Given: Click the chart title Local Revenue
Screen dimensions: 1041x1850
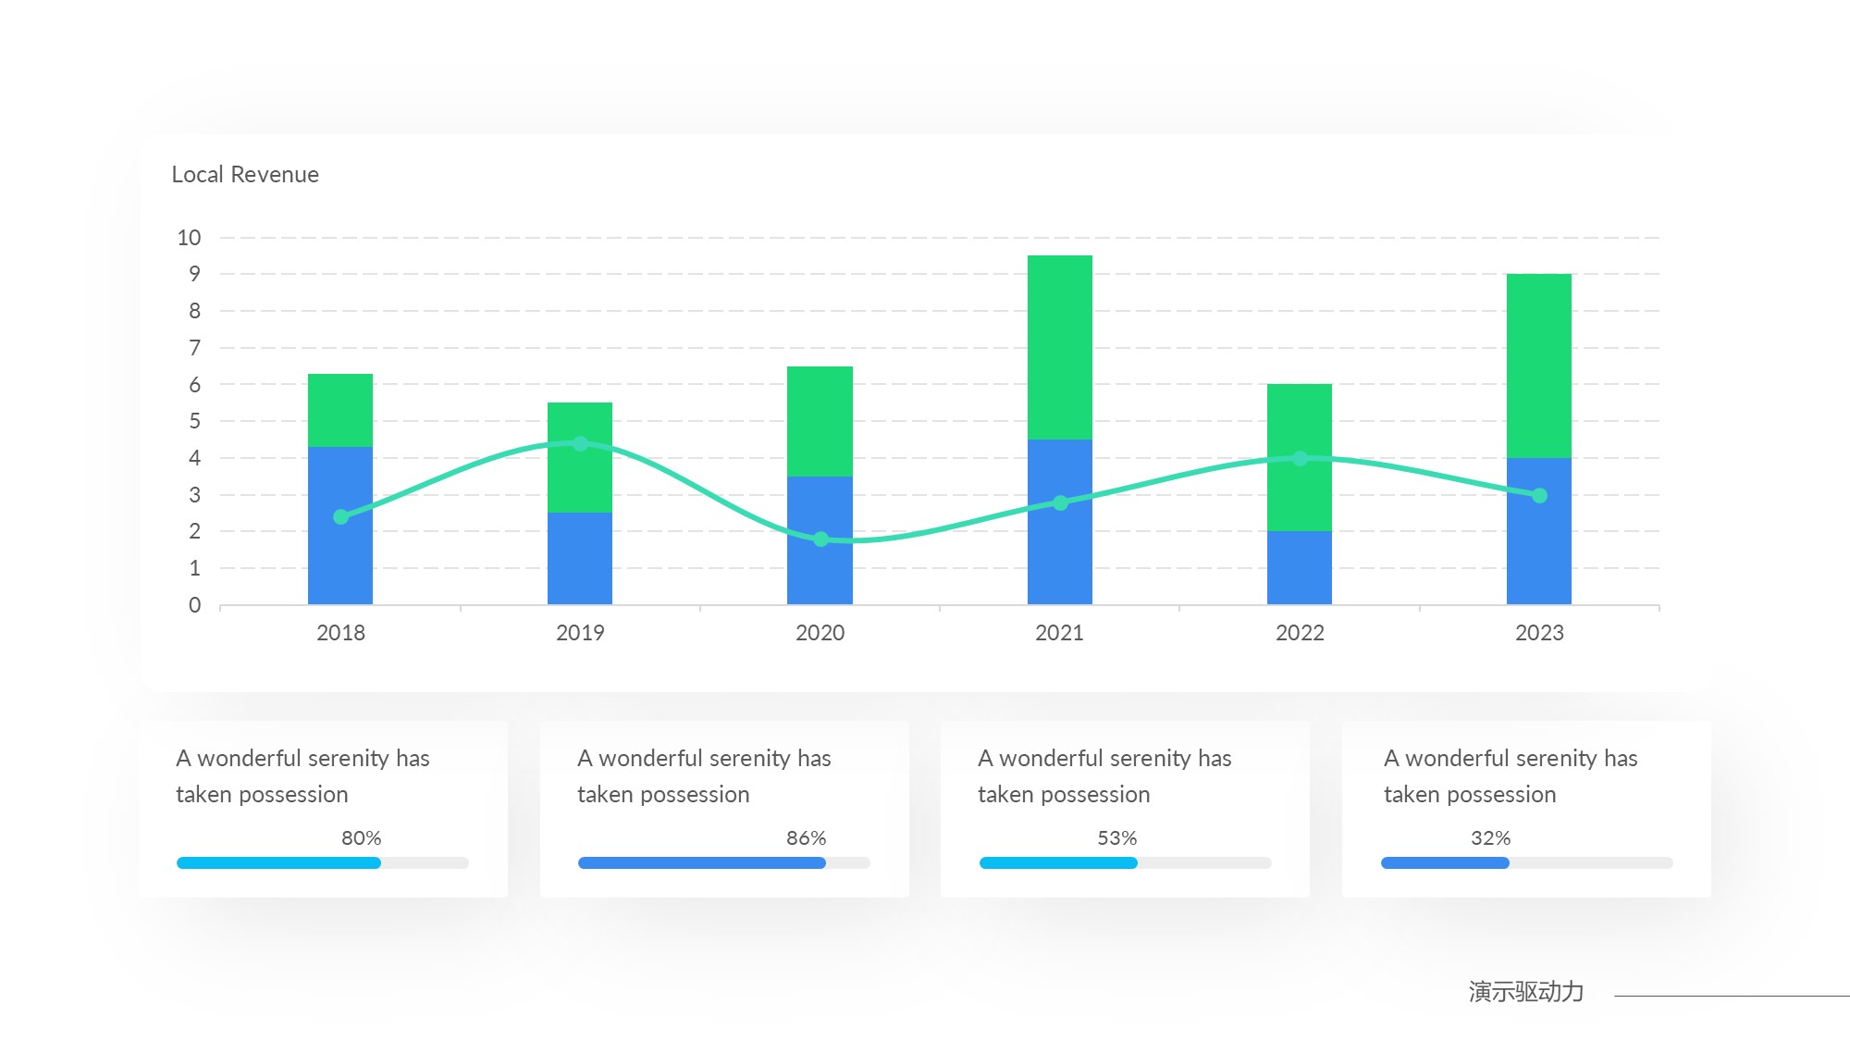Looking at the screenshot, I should pyautogui.click(x=245, y=175).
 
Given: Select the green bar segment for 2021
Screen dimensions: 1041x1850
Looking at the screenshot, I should pyautogui.click(x=1059, y=347).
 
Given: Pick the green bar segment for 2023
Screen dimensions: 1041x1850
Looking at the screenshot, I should pyautogui.click(x=1538, y=366).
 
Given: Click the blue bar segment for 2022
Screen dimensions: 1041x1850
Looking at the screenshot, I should pyautogui.click(x=1299, y=567).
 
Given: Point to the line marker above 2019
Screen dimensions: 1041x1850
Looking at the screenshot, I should pyautogui.click(x=580, y=444).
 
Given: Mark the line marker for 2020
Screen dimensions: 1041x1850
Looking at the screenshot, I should pyautogui.click(x=820, y=539).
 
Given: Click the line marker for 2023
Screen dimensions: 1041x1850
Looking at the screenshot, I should pyautogui.click(x=1539, y=496).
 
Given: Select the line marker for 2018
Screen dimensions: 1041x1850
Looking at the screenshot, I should pyautogui.click(x=341, y=516).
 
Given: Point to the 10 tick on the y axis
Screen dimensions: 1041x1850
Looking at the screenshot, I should pyautogui.click(x=189, y=238).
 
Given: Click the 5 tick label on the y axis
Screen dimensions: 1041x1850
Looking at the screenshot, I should pyautogui.click(x=194, y=421).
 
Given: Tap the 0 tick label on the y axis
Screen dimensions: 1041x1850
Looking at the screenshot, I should pyautogui.click(x=194, y=605).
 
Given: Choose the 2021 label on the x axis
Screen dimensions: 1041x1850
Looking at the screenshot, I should pyautogui.click(x=1059, y=633).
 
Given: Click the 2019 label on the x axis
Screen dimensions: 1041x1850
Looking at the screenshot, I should pyautogui.click(x=580, y=633).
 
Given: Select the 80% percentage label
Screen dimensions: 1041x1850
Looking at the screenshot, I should pyautogui.click(x=361, y=838).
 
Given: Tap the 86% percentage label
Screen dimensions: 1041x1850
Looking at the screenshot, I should pyautogui.click(x=806, y=838).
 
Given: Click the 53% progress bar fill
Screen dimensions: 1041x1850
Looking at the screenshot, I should pyautogui.click(x=1058, y=863).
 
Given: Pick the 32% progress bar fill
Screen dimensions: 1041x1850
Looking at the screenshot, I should pyautogui.click(x=1445, y=863).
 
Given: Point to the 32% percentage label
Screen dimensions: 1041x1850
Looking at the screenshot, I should pyautogui.click(x=1490, y=838).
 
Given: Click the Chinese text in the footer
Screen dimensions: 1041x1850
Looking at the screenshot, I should pyautogui.click(x=1525, y=992).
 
